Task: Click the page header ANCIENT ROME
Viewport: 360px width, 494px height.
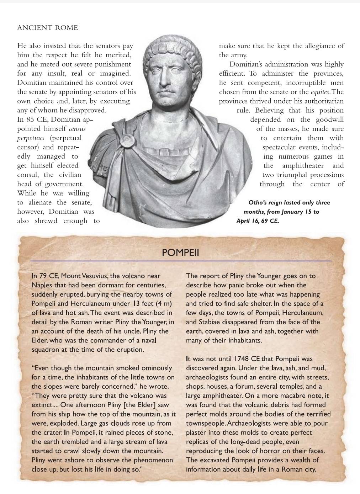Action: tap(47, 28)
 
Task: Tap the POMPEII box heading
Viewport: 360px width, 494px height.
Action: tap(180, 253)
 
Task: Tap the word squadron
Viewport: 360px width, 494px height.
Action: tap(46, 350)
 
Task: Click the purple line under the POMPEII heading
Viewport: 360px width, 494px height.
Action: tap(180, 261)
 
